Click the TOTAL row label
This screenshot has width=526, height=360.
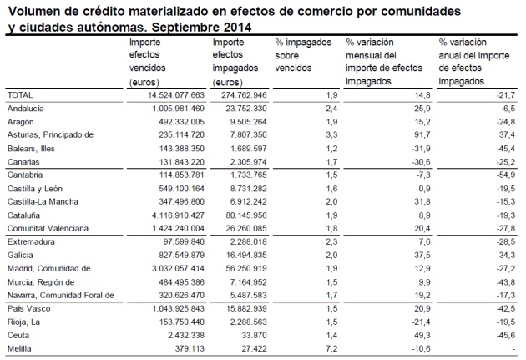[20, 95]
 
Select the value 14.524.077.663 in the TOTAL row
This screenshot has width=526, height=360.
[176, 95]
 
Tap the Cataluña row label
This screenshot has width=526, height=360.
[23, 215]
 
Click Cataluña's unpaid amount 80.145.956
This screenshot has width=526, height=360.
[246, 215]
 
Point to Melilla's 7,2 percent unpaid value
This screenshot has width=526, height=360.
[331, 349]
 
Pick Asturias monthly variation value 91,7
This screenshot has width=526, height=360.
[422, 134]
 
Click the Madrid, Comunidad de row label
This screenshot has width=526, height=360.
[49, 269]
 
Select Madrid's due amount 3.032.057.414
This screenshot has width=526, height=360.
[178, 269]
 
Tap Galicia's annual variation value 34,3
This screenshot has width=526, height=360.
[507, 256]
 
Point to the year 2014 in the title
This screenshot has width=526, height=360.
[238, 27]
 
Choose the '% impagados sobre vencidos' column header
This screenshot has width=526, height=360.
[303, 55]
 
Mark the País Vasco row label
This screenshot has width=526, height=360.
[29, 309]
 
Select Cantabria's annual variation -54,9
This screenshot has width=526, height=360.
[506, 175]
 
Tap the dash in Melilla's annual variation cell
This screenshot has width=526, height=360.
[513, 349]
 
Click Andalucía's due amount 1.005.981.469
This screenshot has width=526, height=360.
[178, 109]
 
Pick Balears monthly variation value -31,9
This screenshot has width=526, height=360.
[422, 149]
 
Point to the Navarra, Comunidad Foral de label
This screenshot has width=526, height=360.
[61, 296]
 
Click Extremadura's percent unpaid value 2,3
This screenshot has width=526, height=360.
[331, 242]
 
